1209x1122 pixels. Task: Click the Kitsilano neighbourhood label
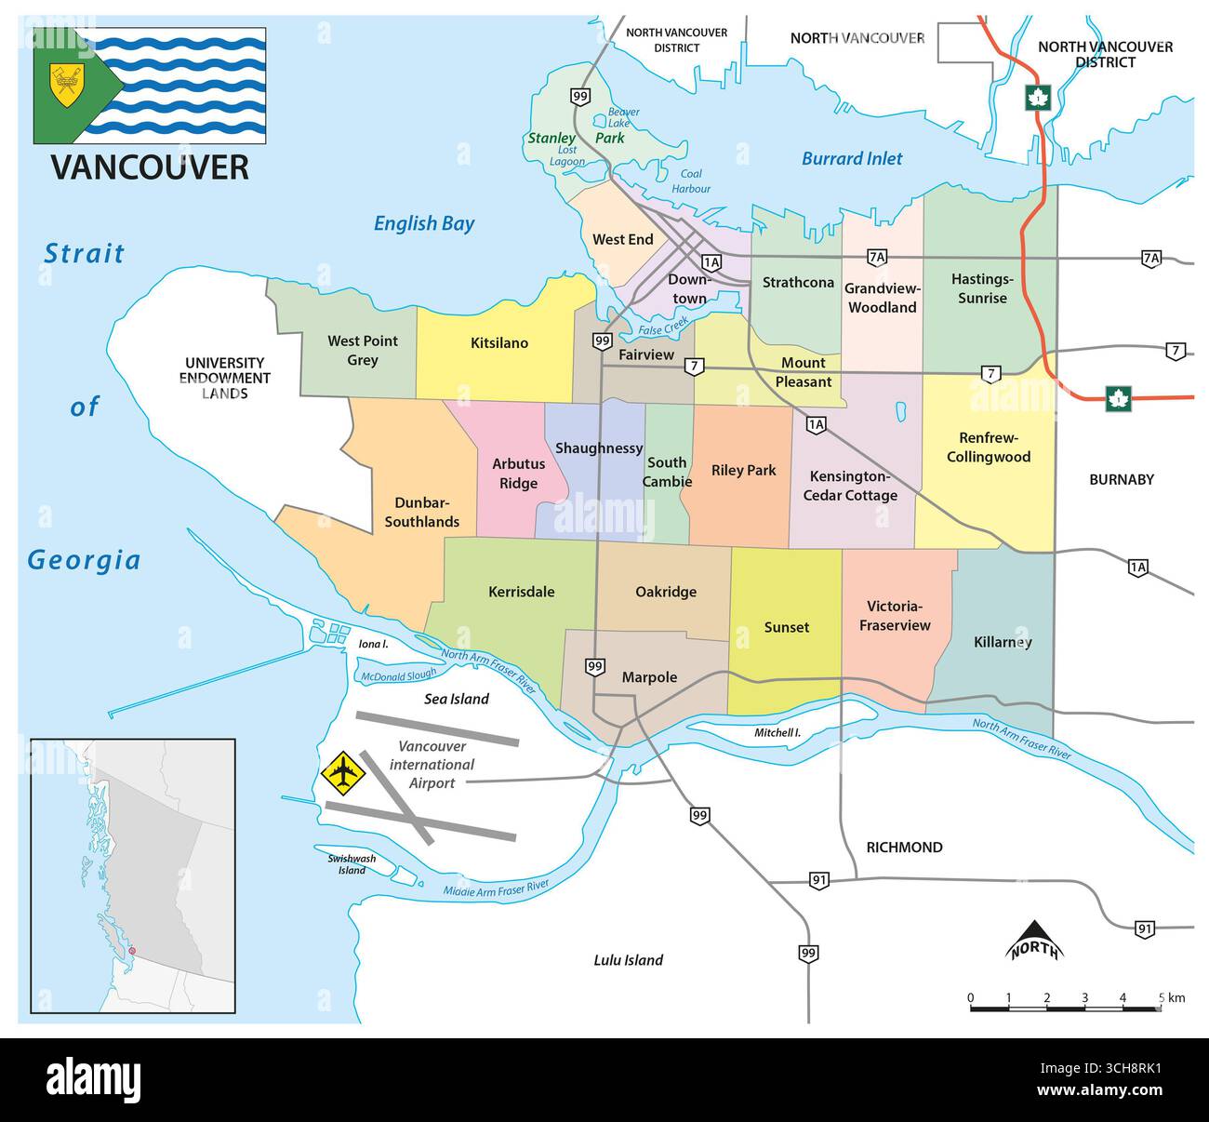point(498,343)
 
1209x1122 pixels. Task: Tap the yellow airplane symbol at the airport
point(344,771)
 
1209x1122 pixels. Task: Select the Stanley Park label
point(576,138)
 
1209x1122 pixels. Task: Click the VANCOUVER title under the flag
point(150,167)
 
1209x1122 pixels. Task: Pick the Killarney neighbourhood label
point(1002,642)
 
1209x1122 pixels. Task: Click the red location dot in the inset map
point(132,950)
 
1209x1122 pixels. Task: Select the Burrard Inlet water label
point(852,159)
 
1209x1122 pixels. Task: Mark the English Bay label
point(424,223)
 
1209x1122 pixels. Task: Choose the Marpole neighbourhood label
point(649,677)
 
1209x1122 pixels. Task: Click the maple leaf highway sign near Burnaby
point(1117,399)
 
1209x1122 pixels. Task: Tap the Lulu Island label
point(628,960)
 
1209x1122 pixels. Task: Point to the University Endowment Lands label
point(225,378)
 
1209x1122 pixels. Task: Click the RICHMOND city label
point(904,848)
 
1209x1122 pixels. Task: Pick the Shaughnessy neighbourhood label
point(599,448)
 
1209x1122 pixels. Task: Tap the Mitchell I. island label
point(777,733)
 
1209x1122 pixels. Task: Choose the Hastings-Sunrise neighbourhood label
point(982,288)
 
